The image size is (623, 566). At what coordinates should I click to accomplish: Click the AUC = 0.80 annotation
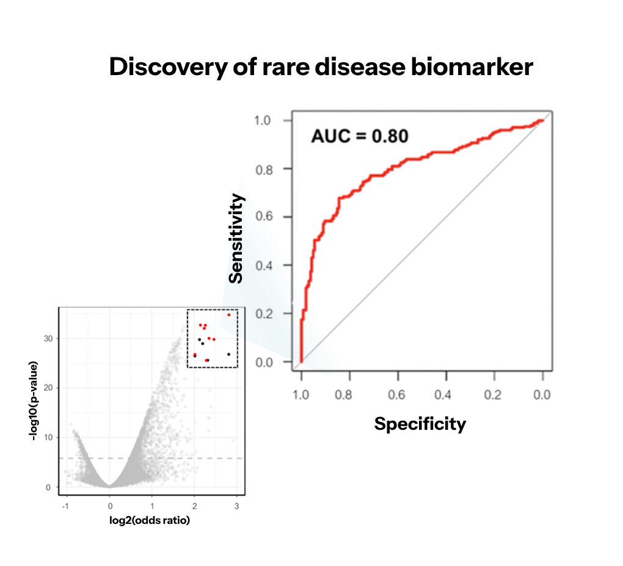359,136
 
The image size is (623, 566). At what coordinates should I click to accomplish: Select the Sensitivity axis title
236,238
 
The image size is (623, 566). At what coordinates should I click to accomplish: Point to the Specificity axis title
420,423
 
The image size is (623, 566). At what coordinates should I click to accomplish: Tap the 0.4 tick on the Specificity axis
445,394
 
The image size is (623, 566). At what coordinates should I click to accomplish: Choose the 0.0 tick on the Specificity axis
542,394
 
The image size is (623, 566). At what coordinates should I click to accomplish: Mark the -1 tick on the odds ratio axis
66,506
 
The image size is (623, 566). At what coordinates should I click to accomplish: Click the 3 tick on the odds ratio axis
235,506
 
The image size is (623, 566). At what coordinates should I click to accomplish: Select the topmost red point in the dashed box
229,314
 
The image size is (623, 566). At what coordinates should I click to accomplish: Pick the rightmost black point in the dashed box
228,354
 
